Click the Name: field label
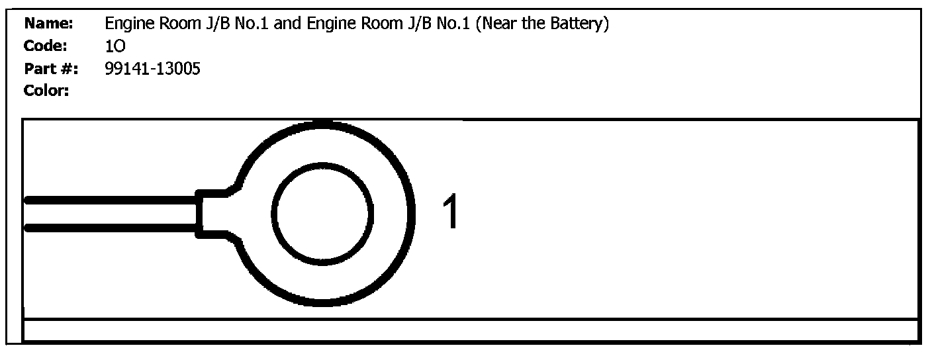click(x=48, y=24)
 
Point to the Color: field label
click(x=47, y=91)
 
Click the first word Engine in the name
click(x=126, y=24)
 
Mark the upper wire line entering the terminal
click(x=109, y=199)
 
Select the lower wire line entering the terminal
click(x=109, y=228)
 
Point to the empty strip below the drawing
click(x=470, y=330)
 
